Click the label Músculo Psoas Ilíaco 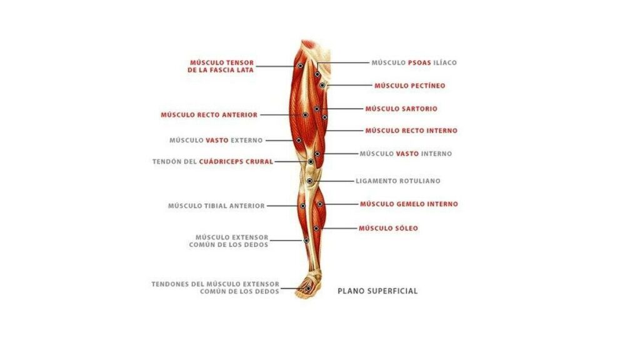click(x=414, y=63)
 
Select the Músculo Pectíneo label click(x=410, y=86)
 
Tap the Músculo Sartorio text click(x=401, y=109)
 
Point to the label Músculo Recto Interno click(x=411, y=131)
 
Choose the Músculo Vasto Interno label click(x=406, y=154)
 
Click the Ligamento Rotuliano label click(x=398, y=181)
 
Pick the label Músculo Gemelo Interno click(x=409, y=204)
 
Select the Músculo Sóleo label click(x=388, y=229)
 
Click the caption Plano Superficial click(x=377, y=291)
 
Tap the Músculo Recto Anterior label click(x=209, y=115)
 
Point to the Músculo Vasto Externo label click(x=216, y=141)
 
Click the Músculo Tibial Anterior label click(x=216, y=206)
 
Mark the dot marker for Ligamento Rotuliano click(x=310, y=181)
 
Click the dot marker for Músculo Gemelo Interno click(x=320, y=204)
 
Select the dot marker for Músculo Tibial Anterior click(x=303, y=206)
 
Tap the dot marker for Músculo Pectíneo click(x=322, y=85)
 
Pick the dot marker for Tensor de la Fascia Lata click(x=300, y=66)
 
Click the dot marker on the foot click(x=309, y=289)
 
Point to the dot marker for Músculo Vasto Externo click(x=299, y=141)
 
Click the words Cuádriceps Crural click(x=236, y=162)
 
